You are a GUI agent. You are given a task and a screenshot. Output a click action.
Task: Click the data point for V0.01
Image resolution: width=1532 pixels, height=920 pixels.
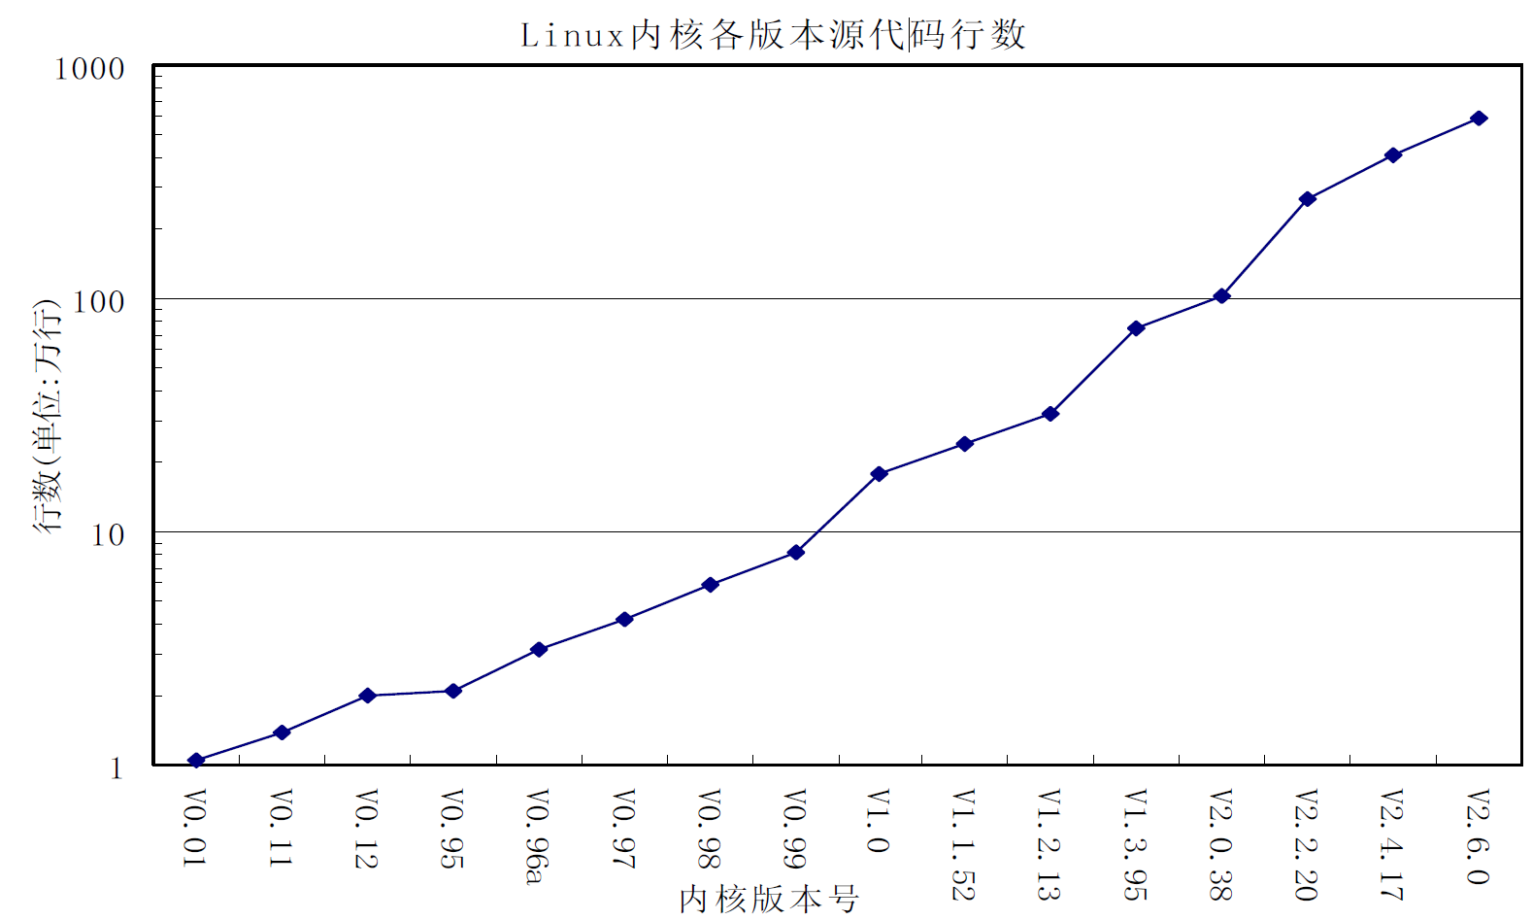pyautogui.click(x=196, y=760)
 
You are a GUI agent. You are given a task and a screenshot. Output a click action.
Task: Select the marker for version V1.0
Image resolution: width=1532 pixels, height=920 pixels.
pyautogui.click(x=880, y=474)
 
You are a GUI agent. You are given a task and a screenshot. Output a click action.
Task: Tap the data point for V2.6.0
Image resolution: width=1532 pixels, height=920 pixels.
pyautogui.click(x=1479, y=119)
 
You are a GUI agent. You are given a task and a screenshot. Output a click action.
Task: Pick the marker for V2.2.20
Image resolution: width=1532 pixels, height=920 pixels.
pyautogui.click(x=1308, y=199)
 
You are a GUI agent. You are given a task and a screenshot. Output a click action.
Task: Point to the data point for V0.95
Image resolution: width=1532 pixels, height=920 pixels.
pyautogui.click(x=452, y=691)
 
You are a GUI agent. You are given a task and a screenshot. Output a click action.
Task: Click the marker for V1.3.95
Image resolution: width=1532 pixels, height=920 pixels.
pyautogui.click(x=1136, y=328)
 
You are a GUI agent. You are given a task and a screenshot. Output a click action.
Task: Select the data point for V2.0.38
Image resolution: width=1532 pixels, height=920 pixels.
pyautogui.click(x=1221, y=296)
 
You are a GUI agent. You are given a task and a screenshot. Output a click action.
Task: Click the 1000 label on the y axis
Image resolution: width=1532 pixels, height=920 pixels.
pyautogui.click(x=89, y=70)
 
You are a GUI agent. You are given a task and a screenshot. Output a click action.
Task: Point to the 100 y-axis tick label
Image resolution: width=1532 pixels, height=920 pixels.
pyautogui.click(x=99, y=302)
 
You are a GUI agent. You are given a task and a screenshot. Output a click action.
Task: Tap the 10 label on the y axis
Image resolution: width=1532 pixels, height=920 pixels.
pyautogui.click(x=108, y=535)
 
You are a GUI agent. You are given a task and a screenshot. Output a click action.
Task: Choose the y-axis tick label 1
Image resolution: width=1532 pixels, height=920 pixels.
pyautogui.click(x=117, y=768)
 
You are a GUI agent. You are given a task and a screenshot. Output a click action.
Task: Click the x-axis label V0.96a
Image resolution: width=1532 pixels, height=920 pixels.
pyautogui.click(x=537, y=836)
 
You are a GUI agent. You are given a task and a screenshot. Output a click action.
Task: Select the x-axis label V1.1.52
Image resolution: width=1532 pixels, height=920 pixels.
pyautogui.click(x=963, y=844)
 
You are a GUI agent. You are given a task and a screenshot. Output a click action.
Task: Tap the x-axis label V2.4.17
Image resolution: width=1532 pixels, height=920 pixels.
pyautogui.click(x=1391, y=844)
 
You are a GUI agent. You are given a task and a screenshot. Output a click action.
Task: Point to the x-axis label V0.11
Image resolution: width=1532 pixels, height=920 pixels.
pyautogui.click(x=281, y=828)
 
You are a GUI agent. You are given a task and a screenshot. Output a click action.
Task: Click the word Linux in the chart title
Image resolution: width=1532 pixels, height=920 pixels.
pyautogui.click(x=572, y=36)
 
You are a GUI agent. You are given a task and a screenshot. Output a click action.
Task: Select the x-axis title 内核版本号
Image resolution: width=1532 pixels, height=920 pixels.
pyautogui.click(x=768, y=899)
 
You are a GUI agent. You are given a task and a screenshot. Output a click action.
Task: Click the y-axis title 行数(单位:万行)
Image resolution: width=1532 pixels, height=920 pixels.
pyautogui.click(x=48, y=416)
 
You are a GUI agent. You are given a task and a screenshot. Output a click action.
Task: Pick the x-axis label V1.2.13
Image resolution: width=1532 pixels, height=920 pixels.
pyautogui.click(x=1049, y=844)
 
